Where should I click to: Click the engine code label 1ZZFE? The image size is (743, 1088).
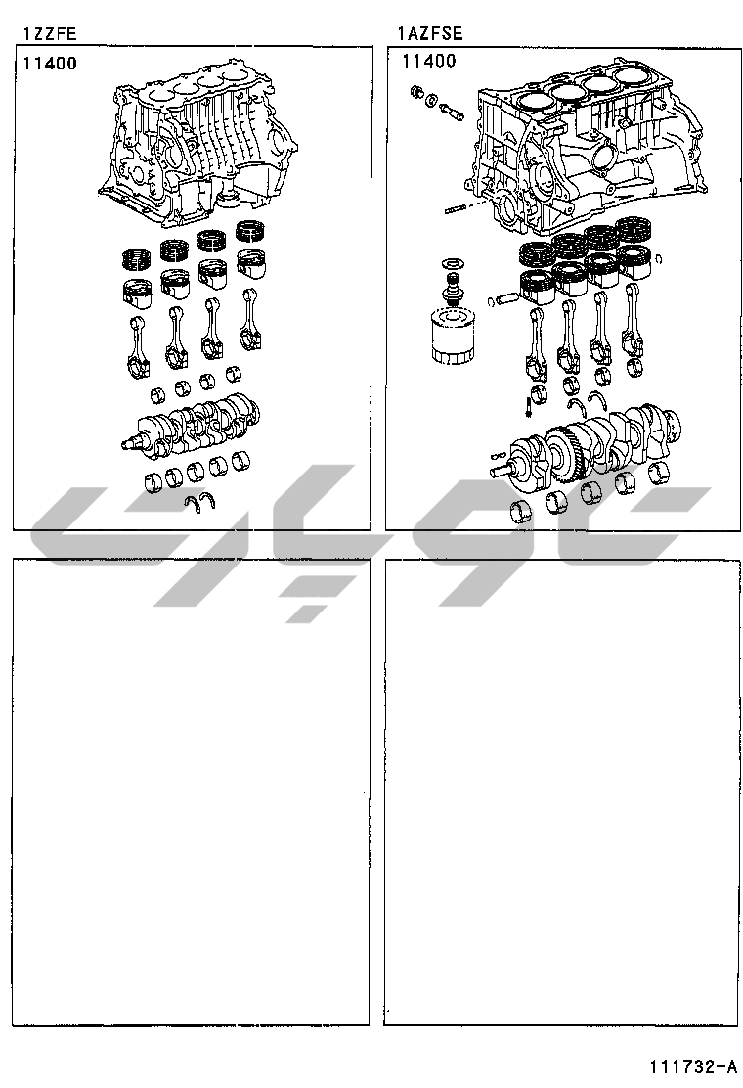coord(49,33)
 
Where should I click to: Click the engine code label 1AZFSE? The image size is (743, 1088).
coord(430,33)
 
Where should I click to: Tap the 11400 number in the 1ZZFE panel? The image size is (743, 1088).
coord(50,64)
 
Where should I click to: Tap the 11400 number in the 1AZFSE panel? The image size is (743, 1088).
coord(429,61)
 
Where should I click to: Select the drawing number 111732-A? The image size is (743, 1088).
coord(693,1065)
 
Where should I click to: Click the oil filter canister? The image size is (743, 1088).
coord(453,338)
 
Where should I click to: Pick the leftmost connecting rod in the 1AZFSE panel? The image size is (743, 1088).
coord(535,344)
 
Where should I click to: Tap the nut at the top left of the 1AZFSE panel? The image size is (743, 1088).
coord(417,92)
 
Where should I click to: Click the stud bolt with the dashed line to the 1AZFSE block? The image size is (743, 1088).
coord(455,209)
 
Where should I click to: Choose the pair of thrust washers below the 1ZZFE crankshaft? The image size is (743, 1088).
coord(201,500)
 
